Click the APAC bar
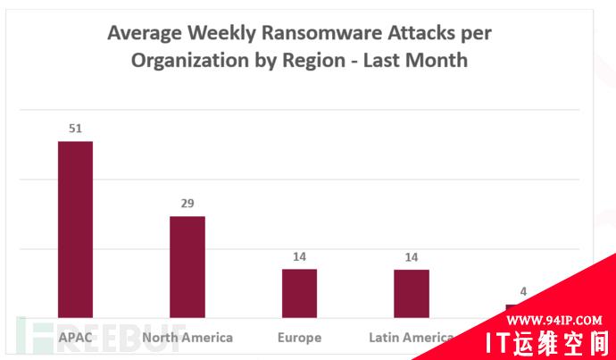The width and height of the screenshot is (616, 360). click(75, 229)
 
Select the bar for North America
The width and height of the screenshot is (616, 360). click(187, 266)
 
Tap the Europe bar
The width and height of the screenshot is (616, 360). click(299, 293)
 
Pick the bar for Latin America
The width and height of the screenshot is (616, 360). click(412, 293)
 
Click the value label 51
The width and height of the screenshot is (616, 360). click(75, 129)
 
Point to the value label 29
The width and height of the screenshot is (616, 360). click(187, 204)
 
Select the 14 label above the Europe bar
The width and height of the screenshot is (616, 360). click(299, 257)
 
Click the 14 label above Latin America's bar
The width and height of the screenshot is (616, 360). click(412, 257)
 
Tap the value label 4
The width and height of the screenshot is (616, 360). click(523, 290)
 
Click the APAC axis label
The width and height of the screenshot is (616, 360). click(75, 338)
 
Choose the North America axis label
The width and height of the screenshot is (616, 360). click(187, 338)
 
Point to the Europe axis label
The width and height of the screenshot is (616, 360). click(299, 338)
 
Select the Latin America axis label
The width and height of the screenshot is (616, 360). click(412, 338)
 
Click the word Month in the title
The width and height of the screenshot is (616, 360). click(437, 61)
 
